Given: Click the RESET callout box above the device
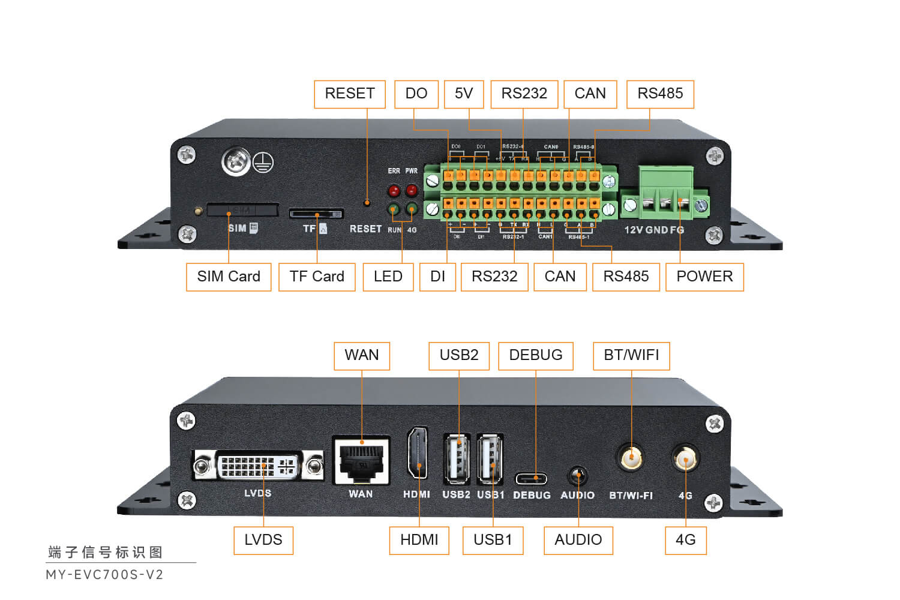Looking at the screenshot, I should coord(350,94).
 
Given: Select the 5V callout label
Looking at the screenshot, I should coord(464,94).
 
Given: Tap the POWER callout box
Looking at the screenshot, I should coord(704,277).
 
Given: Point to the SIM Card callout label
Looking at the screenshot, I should coord(229,277).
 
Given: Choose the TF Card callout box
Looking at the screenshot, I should coord(317,277).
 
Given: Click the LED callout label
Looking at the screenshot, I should coord(388,277).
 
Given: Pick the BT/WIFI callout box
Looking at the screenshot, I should coord(631,356).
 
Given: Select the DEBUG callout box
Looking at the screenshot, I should coord(536,356).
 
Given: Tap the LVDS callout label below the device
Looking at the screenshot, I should coord(263,540).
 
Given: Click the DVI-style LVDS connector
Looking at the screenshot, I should coord(258,466).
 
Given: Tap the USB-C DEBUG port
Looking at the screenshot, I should coord(532,479).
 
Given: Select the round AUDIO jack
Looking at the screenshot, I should coord(578,477).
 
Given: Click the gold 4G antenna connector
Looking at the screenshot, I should coord(685,460).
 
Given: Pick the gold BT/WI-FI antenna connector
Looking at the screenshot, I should coord(631,459).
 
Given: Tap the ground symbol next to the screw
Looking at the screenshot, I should coord(263,162).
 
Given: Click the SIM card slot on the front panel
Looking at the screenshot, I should coord(242,210).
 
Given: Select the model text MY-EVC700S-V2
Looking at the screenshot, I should coord(105,575).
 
